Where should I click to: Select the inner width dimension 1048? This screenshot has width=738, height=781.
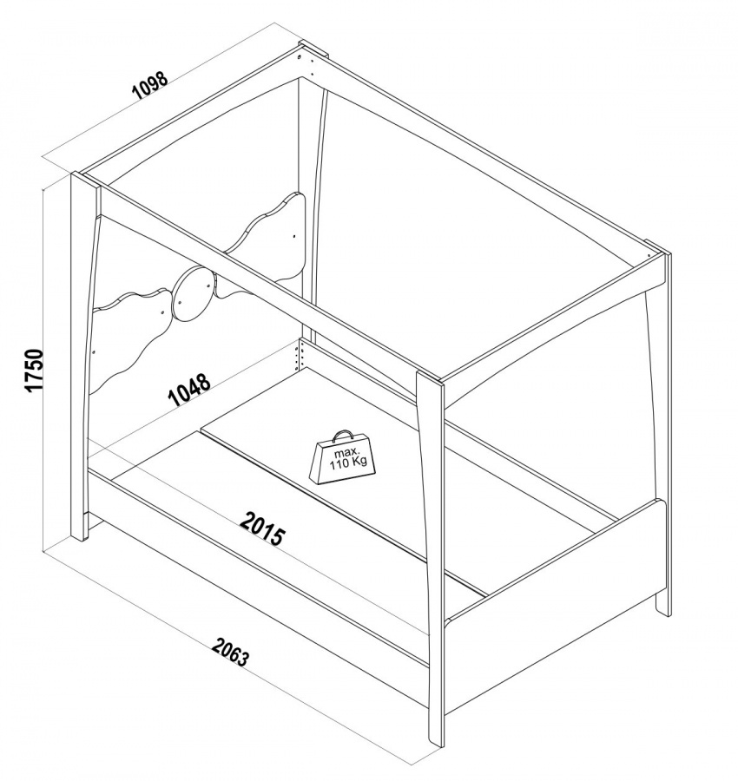click(189, 390)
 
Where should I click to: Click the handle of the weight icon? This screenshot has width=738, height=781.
click(342, 436)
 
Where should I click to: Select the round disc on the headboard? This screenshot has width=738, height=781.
click(194, 293)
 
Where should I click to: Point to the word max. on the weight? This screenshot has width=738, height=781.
click(346, 453)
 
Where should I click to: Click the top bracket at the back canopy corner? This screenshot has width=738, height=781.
click(313, 50)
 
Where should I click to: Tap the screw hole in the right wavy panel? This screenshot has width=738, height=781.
click(294, 234)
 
